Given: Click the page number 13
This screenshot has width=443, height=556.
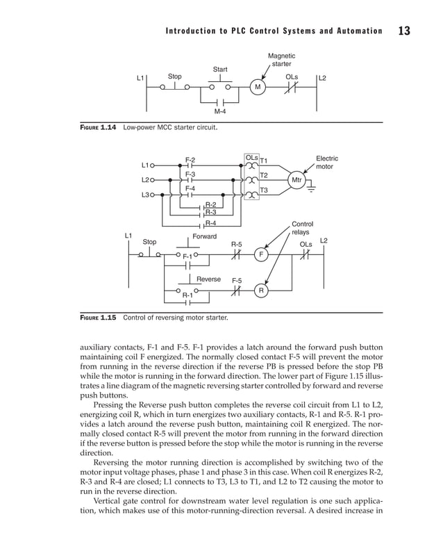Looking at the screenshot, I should [405, 31].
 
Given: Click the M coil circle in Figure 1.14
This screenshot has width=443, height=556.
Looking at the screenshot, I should [257, 88].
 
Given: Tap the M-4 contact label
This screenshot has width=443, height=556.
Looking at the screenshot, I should [220, 111].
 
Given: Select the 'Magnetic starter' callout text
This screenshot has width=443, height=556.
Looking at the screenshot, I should [281, 60].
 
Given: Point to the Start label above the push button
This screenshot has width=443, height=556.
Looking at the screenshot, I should [220, 69].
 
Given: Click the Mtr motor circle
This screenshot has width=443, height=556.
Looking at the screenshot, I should [296, 180].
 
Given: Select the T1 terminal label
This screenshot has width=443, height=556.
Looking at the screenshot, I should [264, 161].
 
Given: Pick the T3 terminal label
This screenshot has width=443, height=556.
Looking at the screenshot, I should [264, 190].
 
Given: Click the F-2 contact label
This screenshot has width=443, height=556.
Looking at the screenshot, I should [190, 160].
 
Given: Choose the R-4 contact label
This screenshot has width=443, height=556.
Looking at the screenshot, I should [210, 223].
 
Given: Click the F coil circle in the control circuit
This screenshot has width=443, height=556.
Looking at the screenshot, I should [261, 255].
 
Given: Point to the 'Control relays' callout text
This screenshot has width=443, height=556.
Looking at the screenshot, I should [302, 228].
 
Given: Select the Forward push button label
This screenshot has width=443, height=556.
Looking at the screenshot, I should [204, 237].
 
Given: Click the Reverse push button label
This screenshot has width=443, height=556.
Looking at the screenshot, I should [208, 279].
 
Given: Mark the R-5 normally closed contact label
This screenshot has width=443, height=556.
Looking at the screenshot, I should [236, 245].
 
